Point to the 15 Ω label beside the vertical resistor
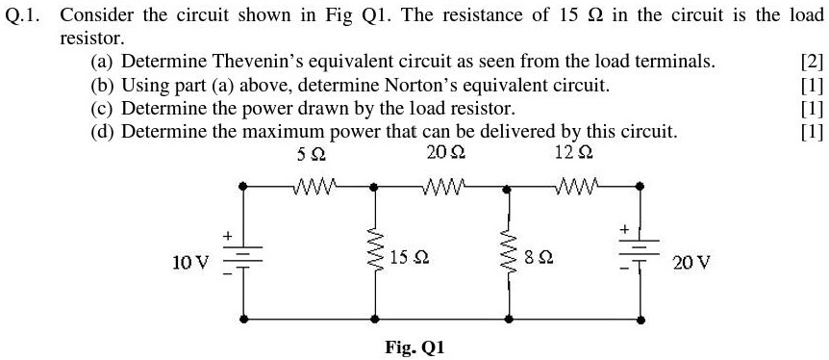click(410, 258)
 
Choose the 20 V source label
click(691, 261)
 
